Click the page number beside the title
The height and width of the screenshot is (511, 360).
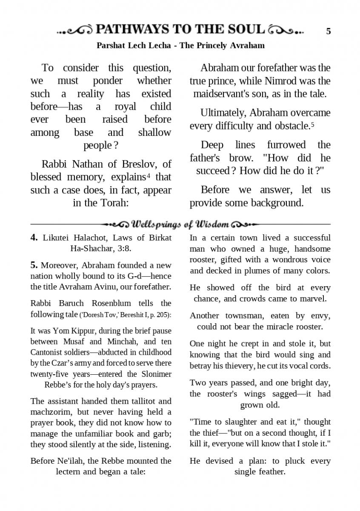click(x=329, y=31)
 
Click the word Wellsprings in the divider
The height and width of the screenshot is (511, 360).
click(x=156, y=224)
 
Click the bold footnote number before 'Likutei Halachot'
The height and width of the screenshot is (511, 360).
click(x=34, y=238)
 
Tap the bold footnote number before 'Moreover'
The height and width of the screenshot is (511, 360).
click(x=34, y=265)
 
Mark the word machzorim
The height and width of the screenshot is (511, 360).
click(x=49, y=412)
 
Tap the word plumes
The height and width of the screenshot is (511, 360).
click(x=250, y=270)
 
